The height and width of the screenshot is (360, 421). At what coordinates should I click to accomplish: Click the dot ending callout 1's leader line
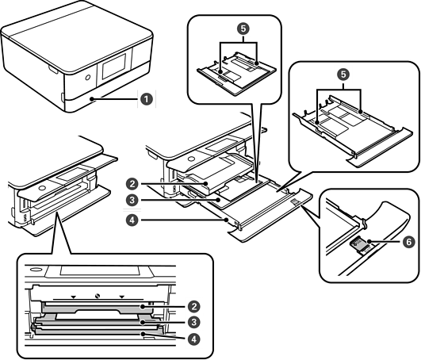[94, 100]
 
